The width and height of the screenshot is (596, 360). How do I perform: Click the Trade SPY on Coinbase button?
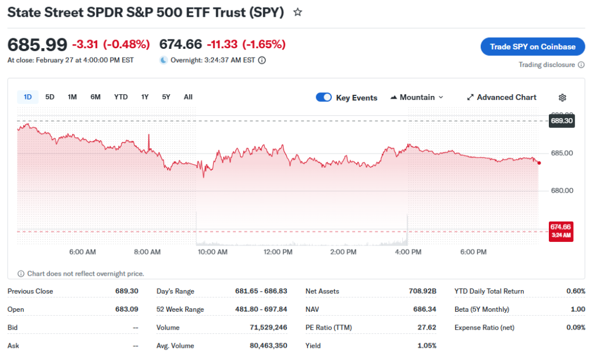533,47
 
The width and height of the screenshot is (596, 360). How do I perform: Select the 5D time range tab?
50,97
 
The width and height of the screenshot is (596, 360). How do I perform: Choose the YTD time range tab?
120,97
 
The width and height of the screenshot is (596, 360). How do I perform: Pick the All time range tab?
188,97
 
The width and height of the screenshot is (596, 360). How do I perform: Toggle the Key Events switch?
324,98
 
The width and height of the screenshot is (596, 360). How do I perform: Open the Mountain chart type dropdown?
417,98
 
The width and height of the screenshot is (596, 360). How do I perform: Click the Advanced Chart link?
502,98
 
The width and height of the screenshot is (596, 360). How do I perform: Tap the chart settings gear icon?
562,98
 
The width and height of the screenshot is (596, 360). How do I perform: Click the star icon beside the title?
297,12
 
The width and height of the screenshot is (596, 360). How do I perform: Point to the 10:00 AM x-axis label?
213,252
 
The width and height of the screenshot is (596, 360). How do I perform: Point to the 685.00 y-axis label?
562,154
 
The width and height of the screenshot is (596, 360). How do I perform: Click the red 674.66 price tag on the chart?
562,230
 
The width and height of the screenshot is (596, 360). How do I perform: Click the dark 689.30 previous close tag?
562,121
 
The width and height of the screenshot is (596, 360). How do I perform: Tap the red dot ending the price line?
540,163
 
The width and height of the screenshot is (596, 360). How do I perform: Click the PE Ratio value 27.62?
427,327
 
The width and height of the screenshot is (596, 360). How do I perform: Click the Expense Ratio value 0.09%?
576,327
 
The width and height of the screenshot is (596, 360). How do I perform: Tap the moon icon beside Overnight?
164,60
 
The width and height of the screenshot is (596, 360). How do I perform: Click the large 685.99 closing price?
37,44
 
